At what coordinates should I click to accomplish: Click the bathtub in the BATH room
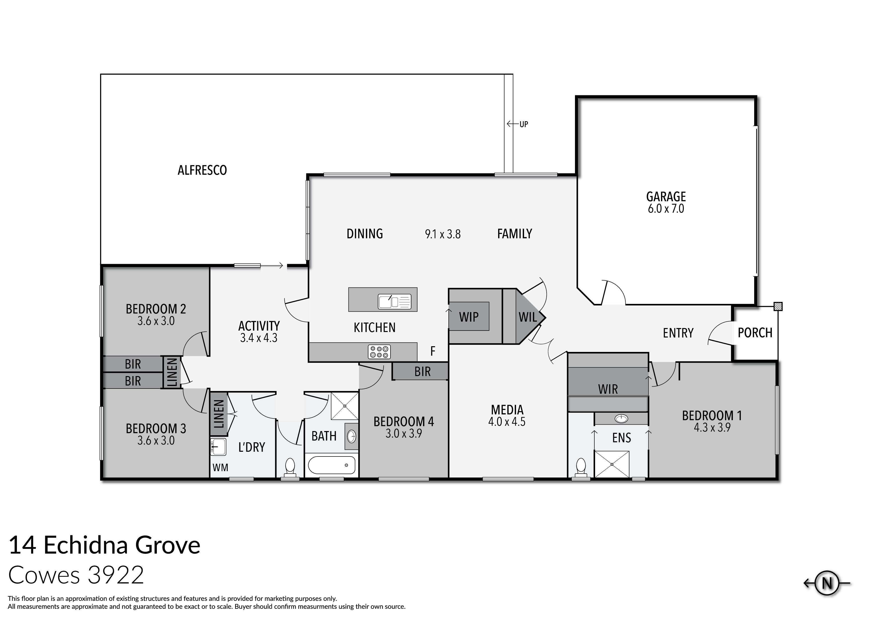[332, 465]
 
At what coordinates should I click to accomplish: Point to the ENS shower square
[611, 464]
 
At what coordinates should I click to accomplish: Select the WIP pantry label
[469, 317]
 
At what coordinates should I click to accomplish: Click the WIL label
[527, 317]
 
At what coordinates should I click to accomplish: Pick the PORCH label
[755, 333]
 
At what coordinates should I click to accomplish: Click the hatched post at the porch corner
[778, 306]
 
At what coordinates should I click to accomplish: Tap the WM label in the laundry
[220, 467]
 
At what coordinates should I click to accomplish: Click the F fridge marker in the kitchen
[433, 351]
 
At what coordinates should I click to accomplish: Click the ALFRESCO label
[202, 170]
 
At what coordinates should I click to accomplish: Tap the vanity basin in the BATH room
[351, 436]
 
